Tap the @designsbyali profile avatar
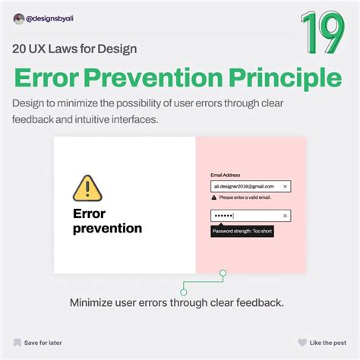point(18,19)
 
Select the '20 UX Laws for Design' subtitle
point(74,50)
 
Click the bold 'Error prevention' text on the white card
point(106,220)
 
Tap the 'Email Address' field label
point(226,175)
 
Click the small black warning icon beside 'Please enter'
point(214,197)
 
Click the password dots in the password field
point(223,216)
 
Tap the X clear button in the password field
point(285,216)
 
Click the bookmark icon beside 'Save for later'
point(17,343)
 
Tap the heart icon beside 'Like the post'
point(302,343)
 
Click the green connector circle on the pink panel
point(223,273)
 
